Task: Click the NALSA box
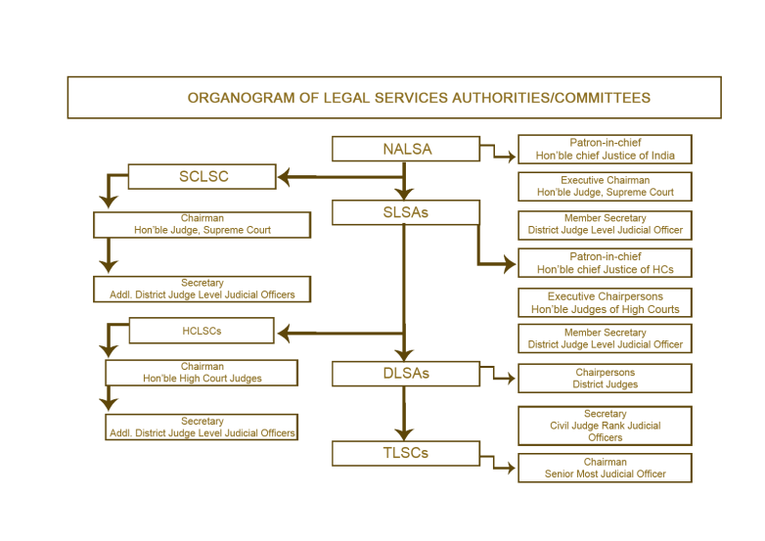pos(406,149)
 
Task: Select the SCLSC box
pos(202,177)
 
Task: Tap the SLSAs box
pos(406,212)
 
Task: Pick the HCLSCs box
pos(202,331)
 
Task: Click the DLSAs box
pos(406,373)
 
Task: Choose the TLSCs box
pos(406,453)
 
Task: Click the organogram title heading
pos(418,98)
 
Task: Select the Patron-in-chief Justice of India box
pos(605,149)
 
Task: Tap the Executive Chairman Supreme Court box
pos(605,187)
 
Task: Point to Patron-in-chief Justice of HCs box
pos(605,263)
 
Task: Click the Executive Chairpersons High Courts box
pos(605,302)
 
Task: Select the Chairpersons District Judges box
pos(605,379)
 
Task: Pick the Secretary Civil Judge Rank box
pos(605,426)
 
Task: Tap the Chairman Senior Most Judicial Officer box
pos(605,468)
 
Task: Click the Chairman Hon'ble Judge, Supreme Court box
pos(202,225)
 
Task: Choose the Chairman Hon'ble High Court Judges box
pos(202,373)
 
